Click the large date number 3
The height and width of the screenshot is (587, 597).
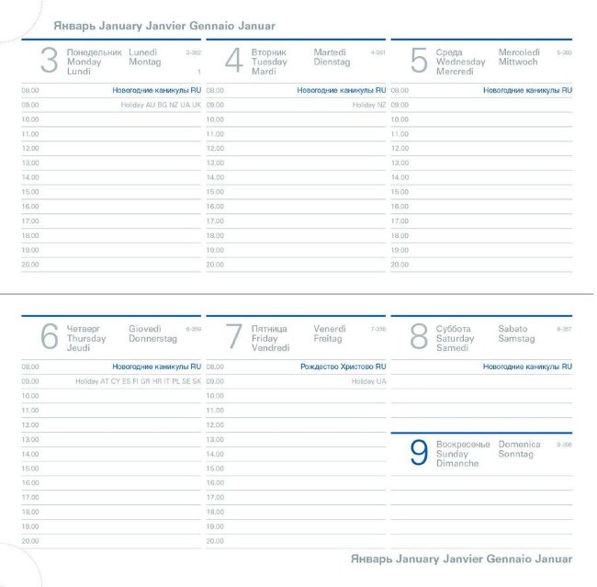tap(50, 62)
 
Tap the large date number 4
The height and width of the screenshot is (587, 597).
tap(234, 62)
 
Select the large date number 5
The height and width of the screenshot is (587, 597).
tap(419, 62)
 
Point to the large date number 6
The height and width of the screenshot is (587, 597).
tap(50, 337)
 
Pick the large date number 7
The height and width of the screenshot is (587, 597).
tap(234, 337)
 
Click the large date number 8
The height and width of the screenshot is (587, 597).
tap(419, 337)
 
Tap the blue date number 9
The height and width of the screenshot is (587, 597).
tap(419, 453)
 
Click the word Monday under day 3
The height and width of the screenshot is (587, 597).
tap(84, 62)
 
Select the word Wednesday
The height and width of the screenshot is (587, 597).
tap(461, 62)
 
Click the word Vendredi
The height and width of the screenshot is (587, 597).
tap(270, 348)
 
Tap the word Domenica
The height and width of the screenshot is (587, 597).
tap(520, 445)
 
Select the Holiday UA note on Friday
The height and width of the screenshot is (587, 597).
tap(368, 381)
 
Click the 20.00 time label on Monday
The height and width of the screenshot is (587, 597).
tap(30, 265)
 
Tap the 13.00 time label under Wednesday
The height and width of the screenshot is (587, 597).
tap(400, 163)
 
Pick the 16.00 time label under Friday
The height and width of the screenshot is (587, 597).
tap(215, 483)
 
